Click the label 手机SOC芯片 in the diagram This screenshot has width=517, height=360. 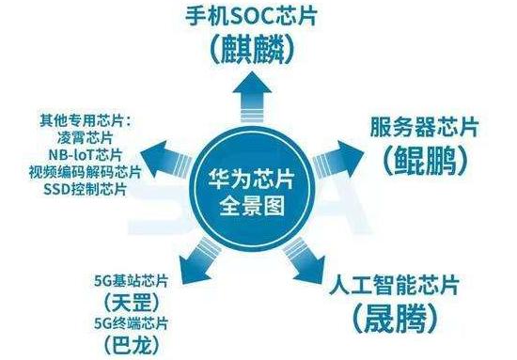[x=251, y=17]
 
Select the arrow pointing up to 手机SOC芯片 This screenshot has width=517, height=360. [x=252, y=97]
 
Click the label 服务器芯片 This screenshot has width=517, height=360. [x=424, y=127]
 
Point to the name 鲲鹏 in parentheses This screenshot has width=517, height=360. [x=425, y=161]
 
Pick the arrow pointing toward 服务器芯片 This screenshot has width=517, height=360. [x=337, y=160]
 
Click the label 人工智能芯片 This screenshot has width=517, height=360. [x=395, y=285]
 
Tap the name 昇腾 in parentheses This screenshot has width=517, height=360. [x=396, y=319]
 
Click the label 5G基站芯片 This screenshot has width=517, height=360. [x=132, y=281]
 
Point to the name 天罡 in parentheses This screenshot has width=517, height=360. [x=132, y=303]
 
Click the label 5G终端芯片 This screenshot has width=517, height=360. [x=132, y=323]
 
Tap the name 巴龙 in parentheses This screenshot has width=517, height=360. [x=132, y=345]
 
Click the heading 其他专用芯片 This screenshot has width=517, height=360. [x=82, y=120]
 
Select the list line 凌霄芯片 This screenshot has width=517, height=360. [x=85, y=137]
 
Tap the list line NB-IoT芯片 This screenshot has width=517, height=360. [x=86, y=154]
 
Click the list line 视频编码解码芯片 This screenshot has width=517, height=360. [x=85, y=172]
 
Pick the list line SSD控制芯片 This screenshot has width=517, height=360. [x=85, y=189]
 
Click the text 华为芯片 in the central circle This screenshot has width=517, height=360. [x=251, y=180]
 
